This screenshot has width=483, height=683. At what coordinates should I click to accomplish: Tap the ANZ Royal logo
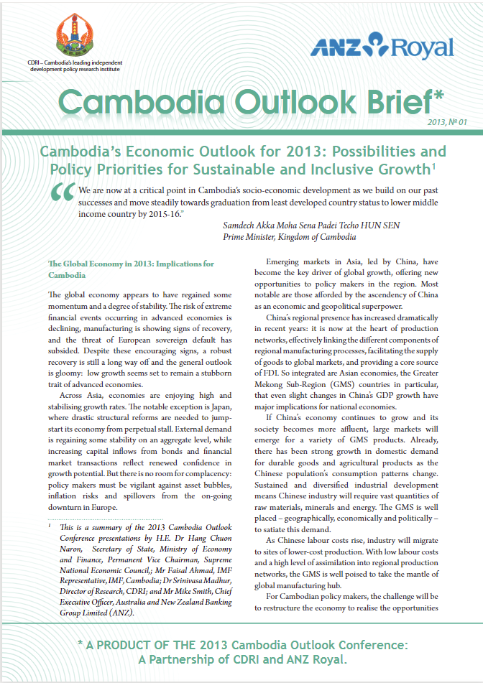(382, 45)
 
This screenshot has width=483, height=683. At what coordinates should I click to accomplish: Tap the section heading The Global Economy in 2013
(130, 264)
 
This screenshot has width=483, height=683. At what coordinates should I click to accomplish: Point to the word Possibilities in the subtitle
(392, 152)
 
